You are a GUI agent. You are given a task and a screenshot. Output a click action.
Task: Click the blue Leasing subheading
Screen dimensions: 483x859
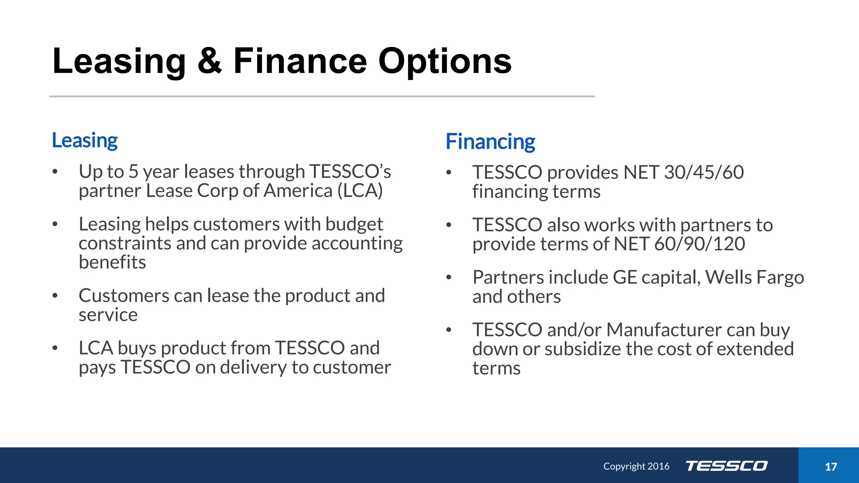click(x=85, y=140)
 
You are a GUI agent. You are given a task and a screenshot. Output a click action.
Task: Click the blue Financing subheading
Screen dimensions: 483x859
click(x=490, y=142)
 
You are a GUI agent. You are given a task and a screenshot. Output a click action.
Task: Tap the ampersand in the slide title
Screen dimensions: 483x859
click(x=209, y=62)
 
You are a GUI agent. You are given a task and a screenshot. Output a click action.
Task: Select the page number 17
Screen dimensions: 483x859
click(x=830, y=467)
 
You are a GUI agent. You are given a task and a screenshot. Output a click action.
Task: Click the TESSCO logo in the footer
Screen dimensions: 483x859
click(x=726, y=466)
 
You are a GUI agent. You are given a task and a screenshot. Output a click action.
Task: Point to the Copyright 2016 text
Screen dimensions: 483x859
click(x=636, y=466)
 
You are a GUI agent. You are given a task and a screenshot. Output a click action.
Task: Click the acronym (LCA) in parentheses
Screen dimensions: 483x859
click(x=360, y=191)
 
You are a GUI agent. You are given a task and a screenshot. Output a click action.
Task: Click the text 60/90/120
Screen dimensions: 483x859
click(x=699, y=244)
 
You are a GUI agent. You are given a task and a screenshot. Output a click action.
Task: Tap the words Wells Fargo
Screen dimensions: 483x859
click(x=755, y=278)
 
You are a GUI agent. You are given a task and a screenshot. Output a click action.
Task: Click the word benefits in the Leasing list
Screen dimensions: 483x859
click(x=112, y=262)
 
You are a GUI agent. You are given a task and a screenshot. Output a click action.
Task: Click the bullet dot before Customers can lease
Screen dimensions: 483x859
click(x=55, y=296)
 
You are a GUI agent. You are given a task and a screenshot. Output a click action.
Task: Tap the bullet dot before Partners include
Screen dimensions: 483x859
click(x=448, y=277)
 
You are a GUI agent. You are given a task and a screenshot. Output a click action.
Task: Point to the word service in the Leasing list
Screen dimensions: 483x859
click(x=108, y=315)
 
